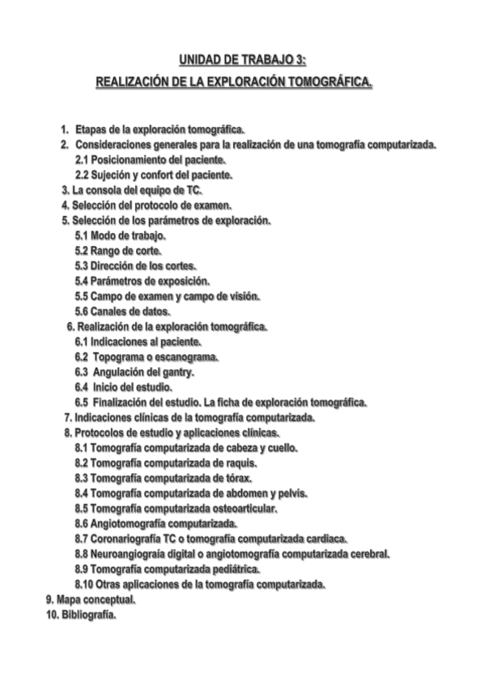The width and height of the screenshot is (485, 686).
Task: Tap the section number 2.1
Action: pyautogui.click(x=83, y=160)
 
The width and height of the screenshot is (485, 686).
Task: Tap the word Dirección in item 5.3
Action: pyautogui.click(x=118, y=265)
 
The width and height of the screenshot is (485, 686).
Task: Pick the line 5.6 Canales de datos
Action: pyautogui.click(x=122, y=311)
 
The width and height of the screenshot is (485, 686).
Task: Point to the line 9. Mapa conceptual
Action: pyautogui.click(x=91, y=599)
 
